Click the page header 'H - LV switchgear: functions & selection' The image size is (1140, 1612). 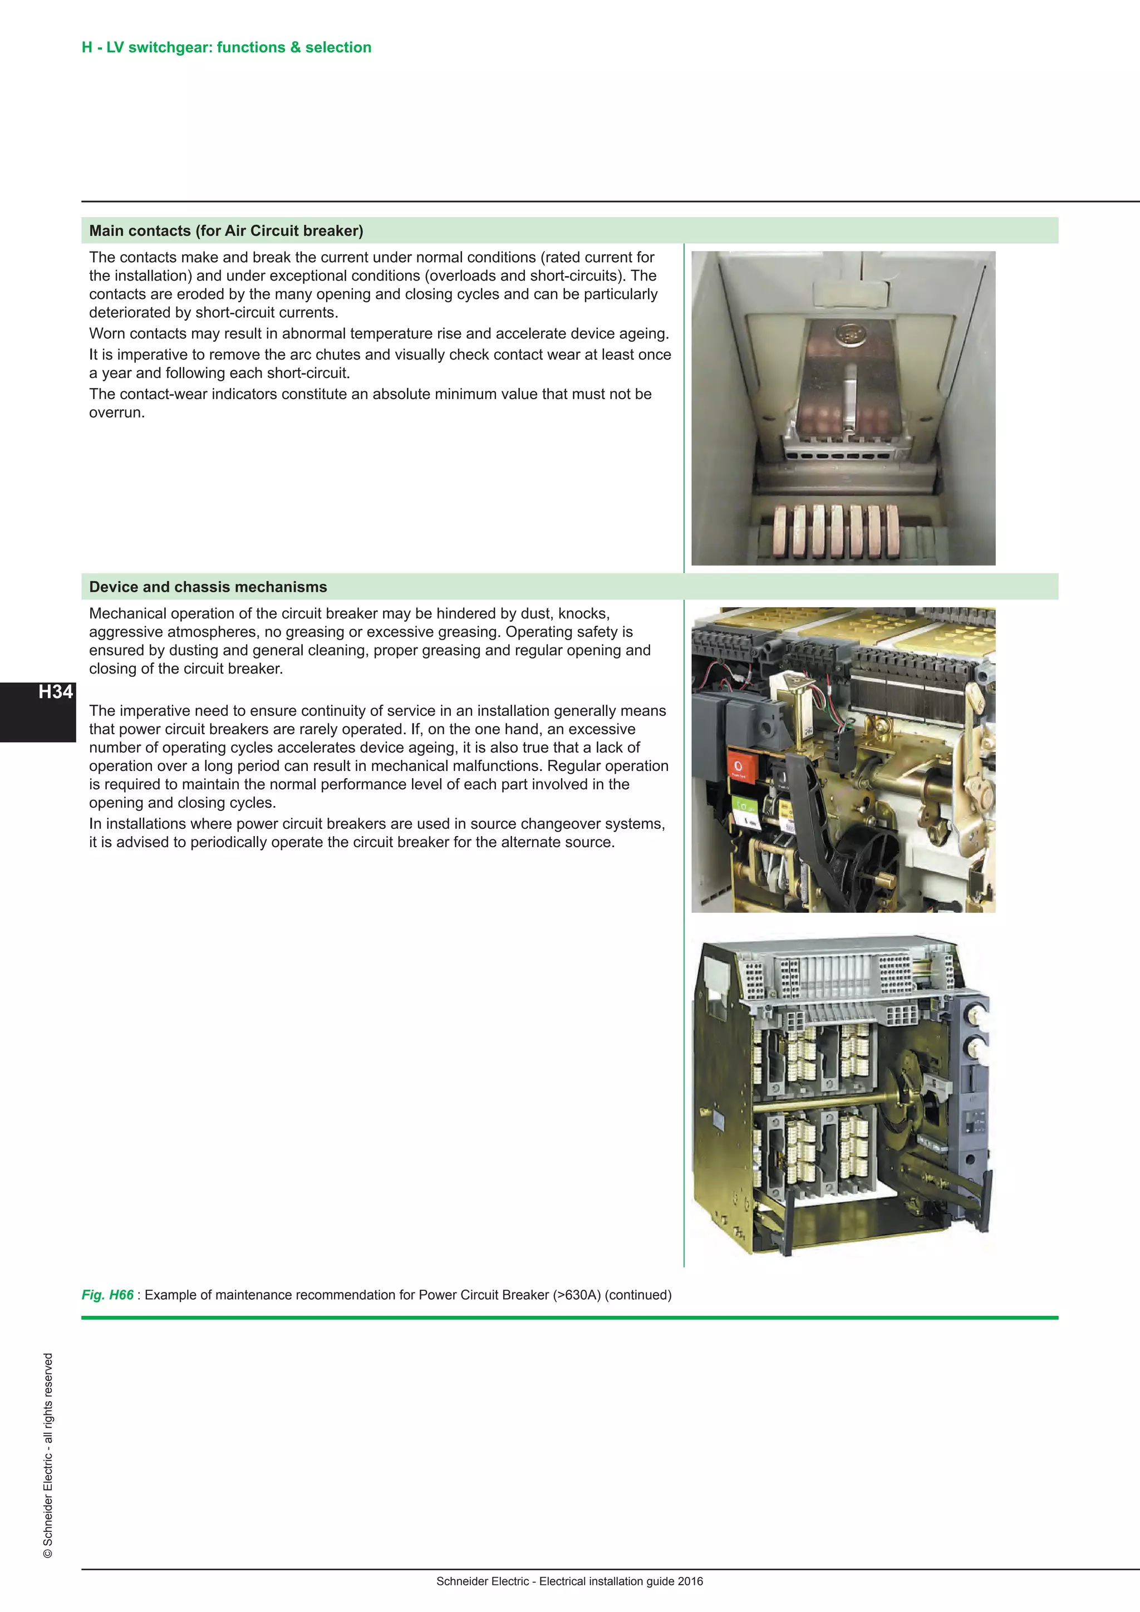pos(226,48)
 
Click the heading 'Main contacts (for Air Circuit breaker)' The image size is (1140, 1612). pos(226,231)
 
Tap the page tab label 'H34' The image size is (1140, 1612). pos(56,692)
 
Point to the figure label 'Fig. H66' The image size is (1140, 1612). pos(107,1295)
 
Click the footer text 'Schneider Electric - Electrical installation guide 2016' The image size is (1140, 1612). pos(569,1581)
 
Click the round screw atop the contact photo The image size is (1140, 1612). pos(849,332)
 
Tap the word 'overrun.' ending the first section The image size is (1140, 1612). pos(116,413)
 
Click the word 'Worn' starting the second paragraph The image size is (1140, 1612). pos(107,333)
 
